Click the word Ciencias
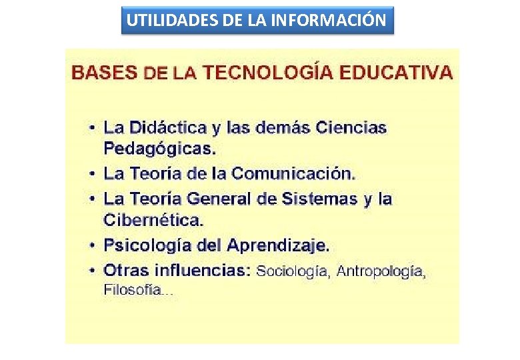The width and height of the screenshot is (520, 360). [351, 127]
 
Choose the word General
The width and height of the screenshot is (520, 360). [218, 199]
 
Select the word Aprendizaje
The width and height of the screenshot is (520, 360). [278, 245]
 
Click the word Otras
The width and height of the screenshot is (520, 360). [126, 271]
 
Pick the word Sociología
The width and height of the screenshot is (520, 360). [293, 271]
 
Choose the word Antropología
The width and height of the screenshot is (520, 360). [381, 271]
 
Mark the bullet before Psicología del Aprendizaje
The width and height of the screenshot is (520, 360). [93, 245]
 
